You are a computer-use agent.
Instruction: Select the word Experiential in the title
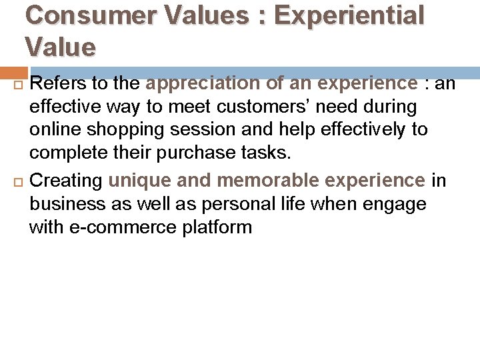(349, 15)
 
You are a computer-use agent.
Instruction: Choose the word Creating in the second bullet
(67, 180)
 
